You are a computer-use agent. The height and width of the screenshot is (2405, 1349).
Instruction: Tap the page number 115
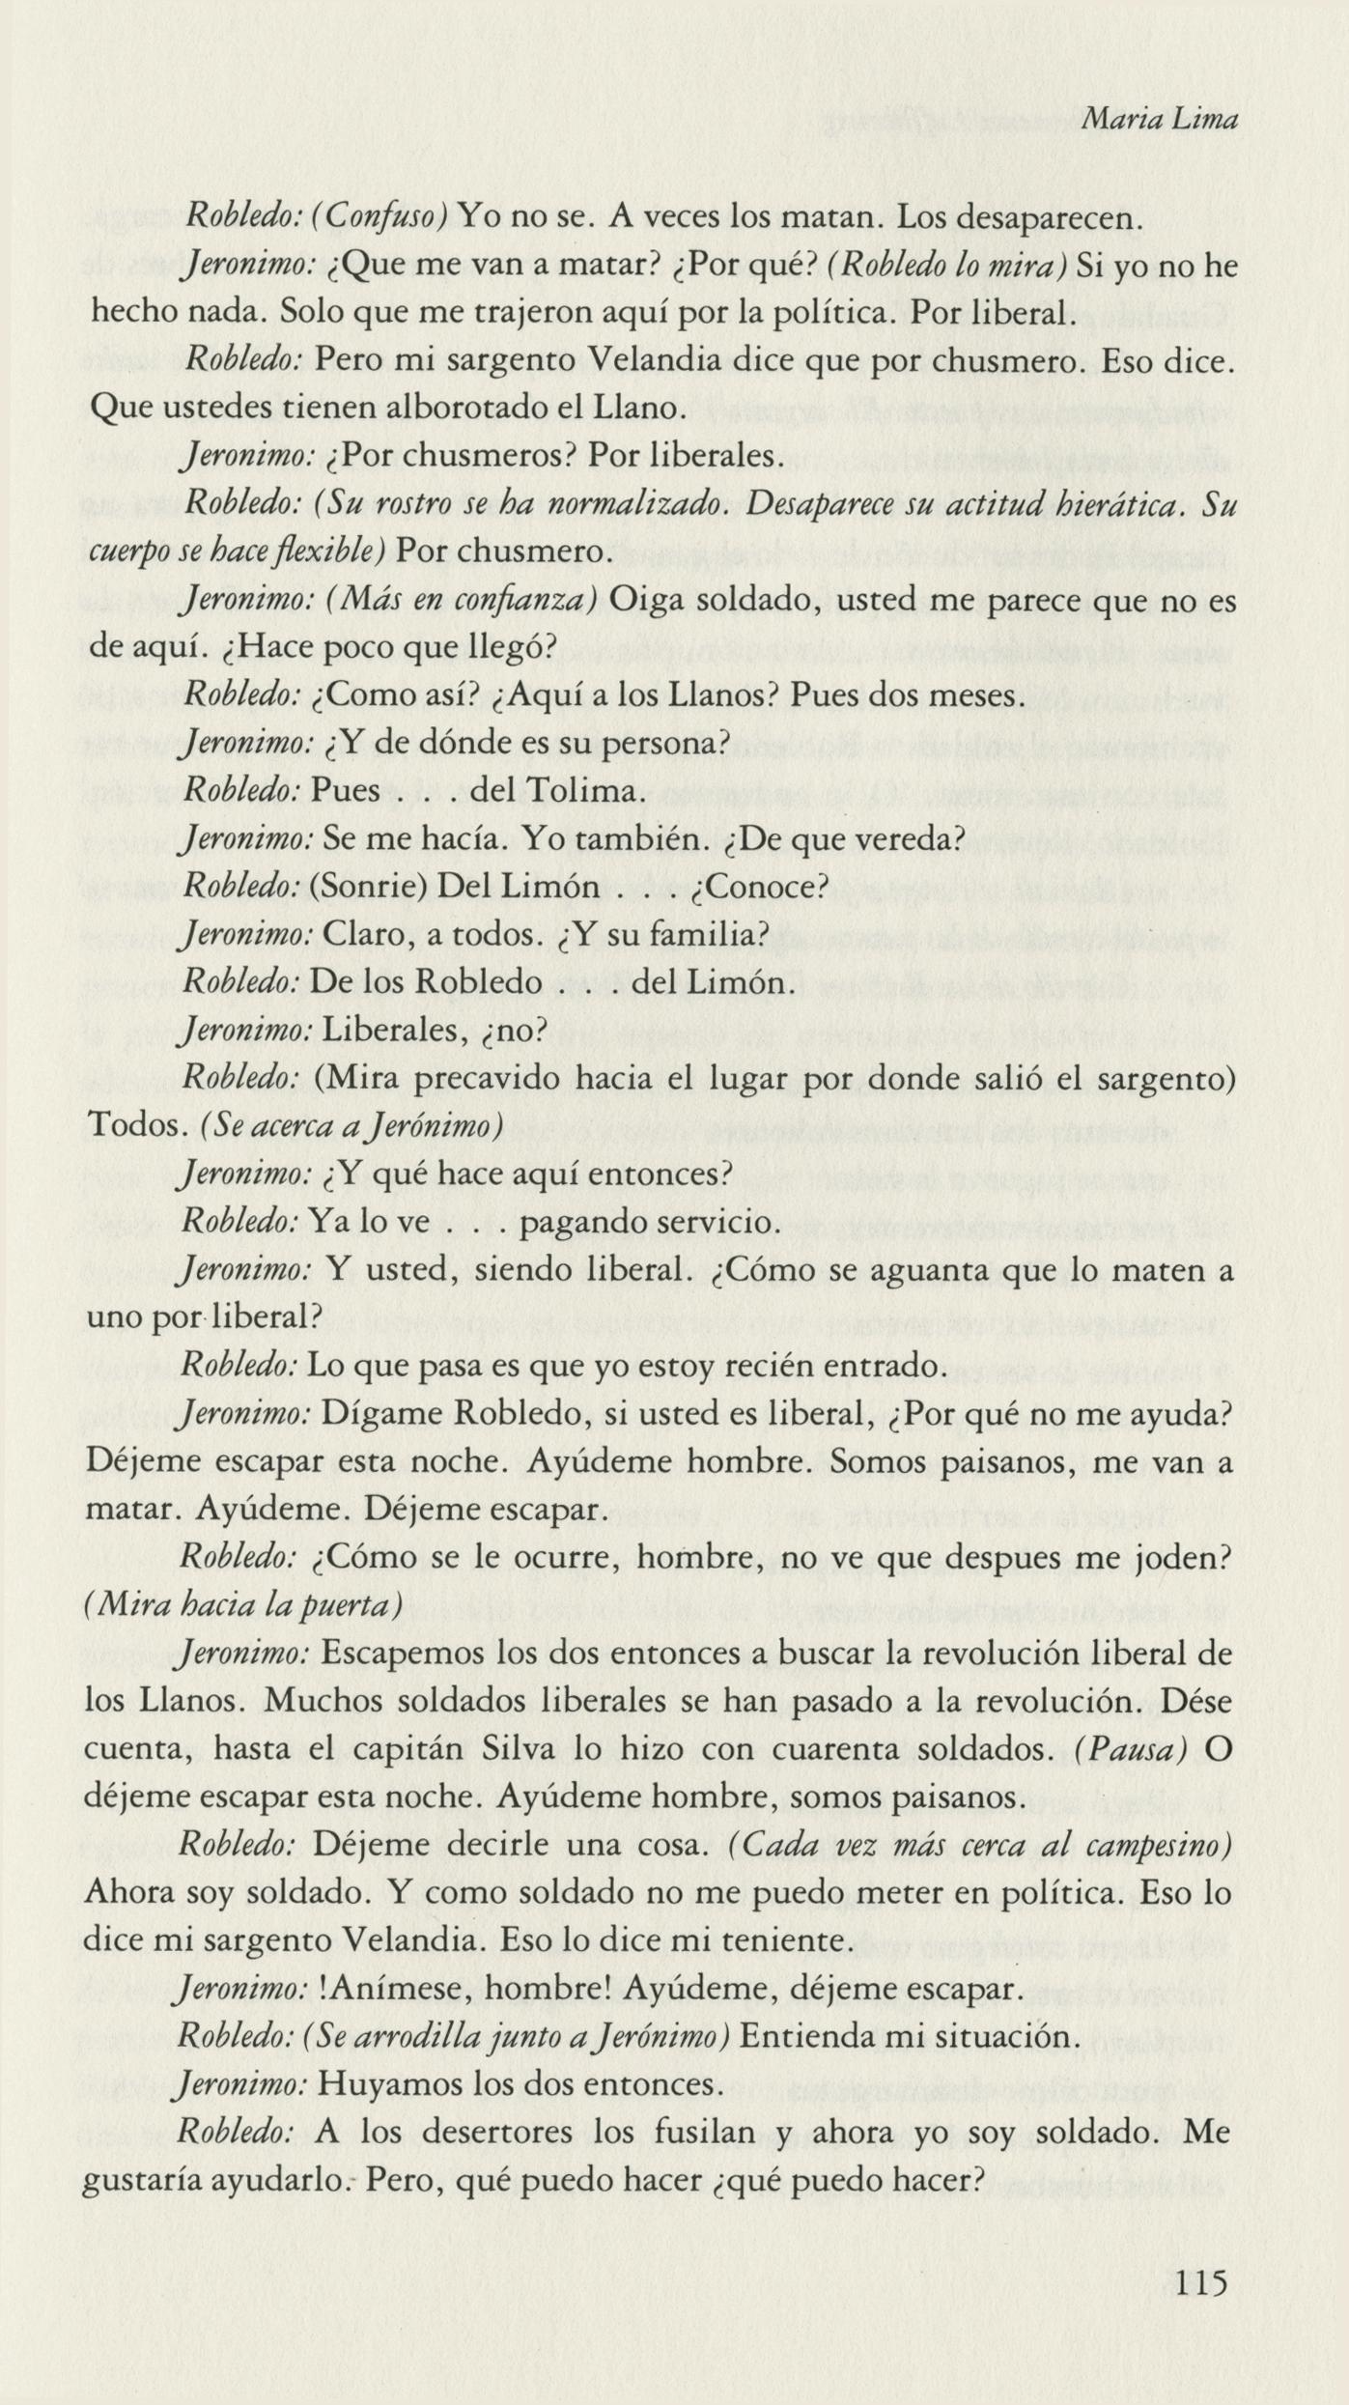(x=1201, y=2281)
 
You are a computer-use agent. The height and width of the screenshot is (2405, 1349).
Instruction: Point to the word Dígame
(x=380, y=1414)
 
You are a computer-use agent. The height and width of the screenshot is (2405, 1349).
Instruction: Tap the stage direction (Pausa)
(x=1131, y=1749)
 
